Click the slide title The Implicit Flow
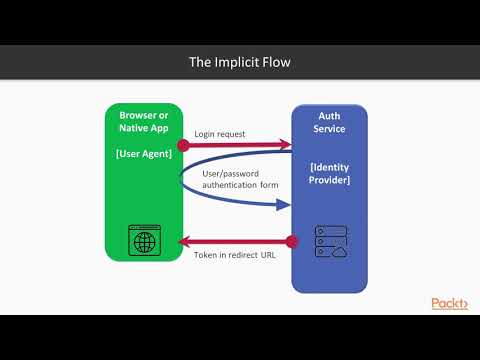click(x=240, y=62)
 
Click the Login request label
click(x=220, y=134)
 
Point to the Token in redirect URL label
click(x=236, y=255)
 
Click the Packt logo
click(x=449, y=303)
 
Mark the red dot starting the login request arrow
click(x=182, y=144)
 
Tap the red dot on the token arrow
click(x=292, y=241)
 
